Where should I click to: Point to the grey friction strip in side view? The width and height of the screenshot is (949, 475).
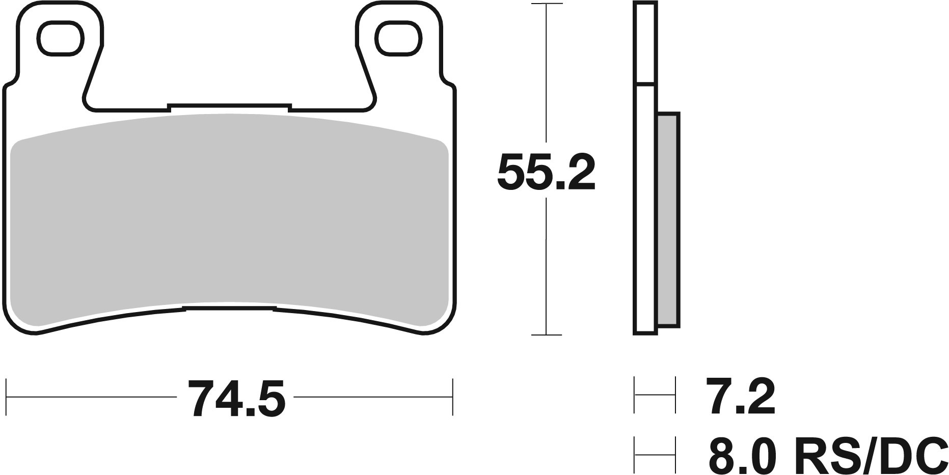coord(668,220)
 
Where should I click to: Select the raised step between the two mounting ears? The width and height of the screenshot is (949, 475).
coord(228,106)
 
